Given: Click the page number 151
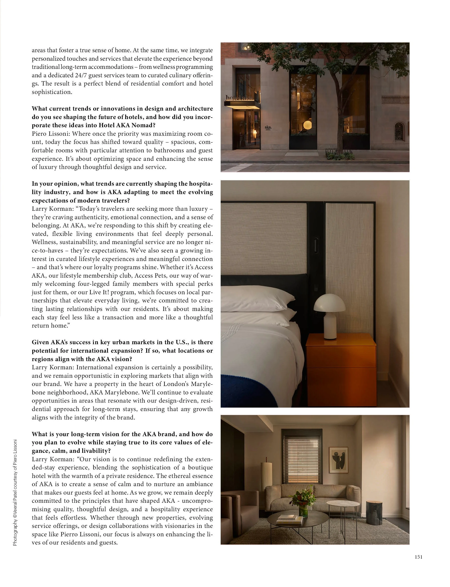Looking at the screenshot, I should pyautogui.click(x=418, y=557).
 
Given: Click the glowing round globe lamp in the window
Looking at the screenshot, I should pyautogui.click(x=308, y=125).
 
